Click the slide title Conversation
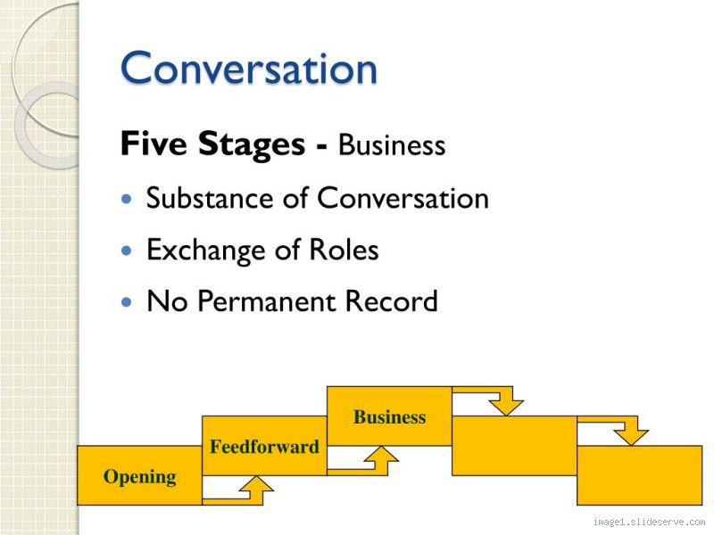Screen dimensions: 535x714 [248, 69]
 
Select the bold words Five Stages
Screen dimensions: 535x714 [217, 144]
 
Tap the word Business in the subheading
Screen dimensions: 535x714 [392, 145]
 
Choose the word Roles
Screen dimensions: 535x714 [345, 251]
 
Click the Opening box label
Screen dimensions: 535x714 [139, 477]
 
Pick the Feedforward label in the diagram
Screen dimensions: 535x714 [264, 447]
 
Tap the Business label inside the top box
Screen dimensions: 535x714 [389, 417]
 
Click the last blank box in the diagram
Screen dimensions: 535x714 [639, 475]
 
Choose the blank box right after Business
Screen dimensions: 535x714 [514, 445]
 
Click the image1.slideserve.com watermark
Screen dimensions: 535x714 [649, 523]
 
